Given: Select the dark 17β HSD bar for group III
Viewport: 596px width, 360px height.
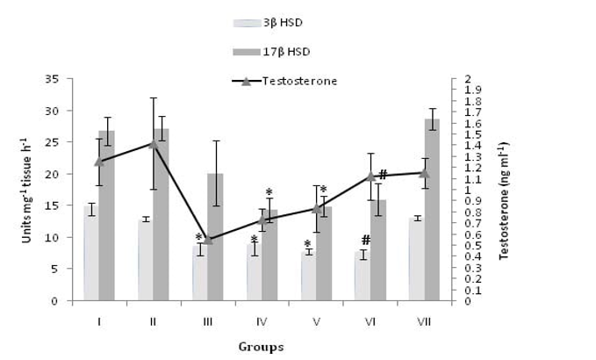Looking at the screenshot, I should [215, 237].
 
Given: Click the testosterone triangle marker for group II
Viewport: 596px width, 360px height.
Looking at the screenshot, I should [153, 143].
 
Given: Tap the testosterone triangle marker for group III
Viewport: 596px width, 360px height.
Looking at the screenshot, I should [208, 239].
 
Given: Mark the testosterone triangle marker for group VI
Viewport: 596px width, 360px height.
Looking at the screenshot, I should [371, 176].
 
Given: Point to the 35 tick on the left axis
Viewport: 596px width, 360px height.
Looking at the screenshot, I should [65, 80].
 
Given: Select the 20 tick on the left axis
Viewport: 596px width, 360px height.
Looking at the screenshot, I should [65, 175].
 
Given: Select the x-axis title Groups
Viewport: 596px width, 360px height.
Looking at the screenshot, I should [261, 346].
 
